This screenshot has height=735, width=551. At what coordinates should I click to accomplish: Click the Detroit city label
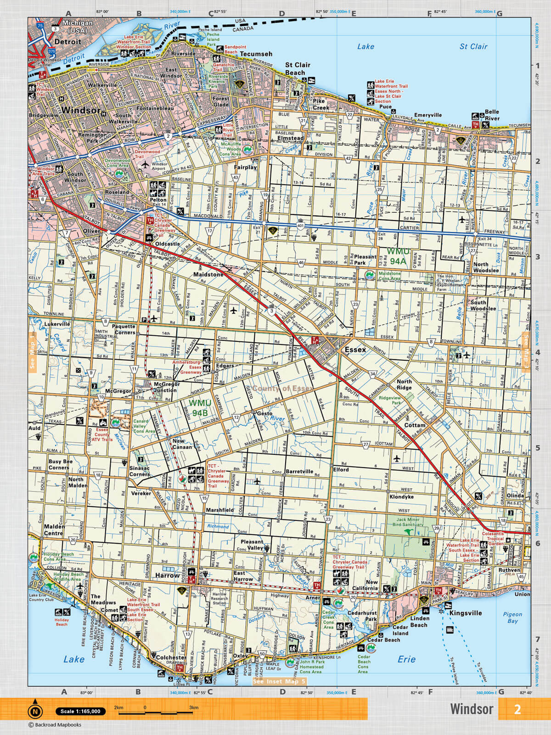pyautogui.click(x=67, y=41)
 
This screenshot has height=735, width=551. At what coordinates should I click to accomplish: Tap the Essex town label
pyautogui.click(x=355, y=350)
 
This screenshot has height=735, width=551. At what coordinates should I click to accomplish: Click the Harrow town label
pyautogui.click(x=167, y=575)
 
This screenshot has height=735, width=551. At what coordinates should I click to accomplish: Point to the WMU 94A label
pyautogui.click(x=397, y=256)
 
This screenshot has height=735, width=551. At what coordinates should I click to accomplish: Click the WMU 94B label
pyautogui.click(x=199, y=408)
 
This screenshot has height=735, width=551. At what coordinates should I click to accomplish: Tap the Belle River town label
pyautogui.click(x=492, y=115)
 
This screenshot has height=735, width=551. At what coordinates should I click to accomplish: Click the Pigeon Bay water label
pyautogui.click(x=512, y=617)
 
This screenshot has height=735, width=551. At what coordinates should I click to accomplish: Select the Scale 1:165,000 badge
pyautogui.click(x=80, y=711)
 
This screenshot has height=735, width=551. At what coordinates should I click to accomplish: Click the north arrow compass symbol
pyautogui.click(x=35, y=711)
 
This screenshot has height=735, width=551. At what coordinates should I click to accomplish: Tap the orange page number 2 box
pyautogui.click(x=517, y=709)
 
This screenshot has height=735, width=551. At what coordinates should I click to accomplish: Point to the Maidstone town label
pyautogui.click(x=208, y=274)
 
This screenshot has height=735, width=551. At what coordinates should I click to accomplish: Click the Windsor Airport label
pyautogui.click(x=159, y=166)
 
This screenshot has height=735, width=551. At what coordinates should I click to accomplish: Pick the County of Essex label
pyautogui.click(x=282, y=389)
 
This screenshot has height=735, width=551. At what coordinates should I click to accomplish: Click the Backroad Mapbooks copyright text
pyautogui.click(x=55, y=725)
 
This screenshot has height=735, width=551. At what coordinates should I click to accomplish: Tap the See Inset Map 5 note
pyautogui.click(x=279, y=681)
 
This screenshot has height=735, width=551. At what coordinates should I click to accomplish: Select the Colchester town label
pyautogui.click(x=170, y=657)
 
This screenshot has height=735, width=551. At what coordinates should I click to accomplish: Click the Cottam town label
pyautogui.click(x=415, y=425)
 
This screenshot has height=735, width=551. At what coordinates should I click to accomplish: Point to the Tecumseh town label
pyautogui.click(x=256, y=54)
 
